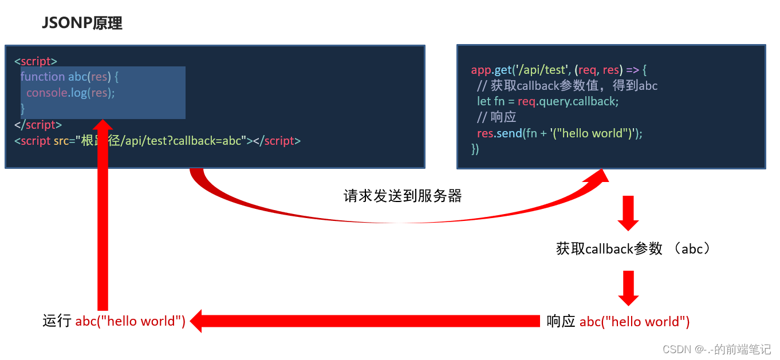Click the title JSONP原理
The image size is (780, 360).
(x=82, y=23)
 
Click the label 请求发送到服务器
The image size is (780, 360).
(x=402, y=196)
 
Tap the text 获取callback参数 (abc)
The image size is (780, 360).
(x=634, y=249)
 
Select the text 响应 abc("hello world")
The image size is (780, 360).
(x=618, y=322)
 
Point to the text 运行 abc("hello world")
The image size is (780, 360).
(x=114, y=321)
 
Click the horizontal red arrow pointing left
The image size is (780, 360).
(x=367, y=321)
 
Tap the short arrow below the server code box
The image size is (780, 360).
(x=628, y=213)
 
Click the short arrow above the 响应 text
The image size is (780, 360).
(x=628, y=288)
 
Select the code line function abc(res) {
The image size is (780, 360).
(x=69, y=77)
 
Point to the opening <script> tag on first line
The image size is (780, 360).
(x=36, y=61)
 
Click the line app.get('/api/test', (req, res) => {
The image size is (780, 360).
(x=558, y=70)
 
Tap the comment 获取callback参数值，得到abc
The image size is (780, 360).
(x=567, y=86)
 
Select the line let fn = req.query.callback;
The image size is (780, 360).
(x=547, y=101)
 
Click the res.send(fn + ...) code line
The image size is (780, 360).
(x=560, y=133)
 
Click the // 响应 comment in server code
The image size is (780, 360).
(x=497, y=117)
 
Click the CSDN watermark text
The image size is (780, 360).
(x=716, y=349)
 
